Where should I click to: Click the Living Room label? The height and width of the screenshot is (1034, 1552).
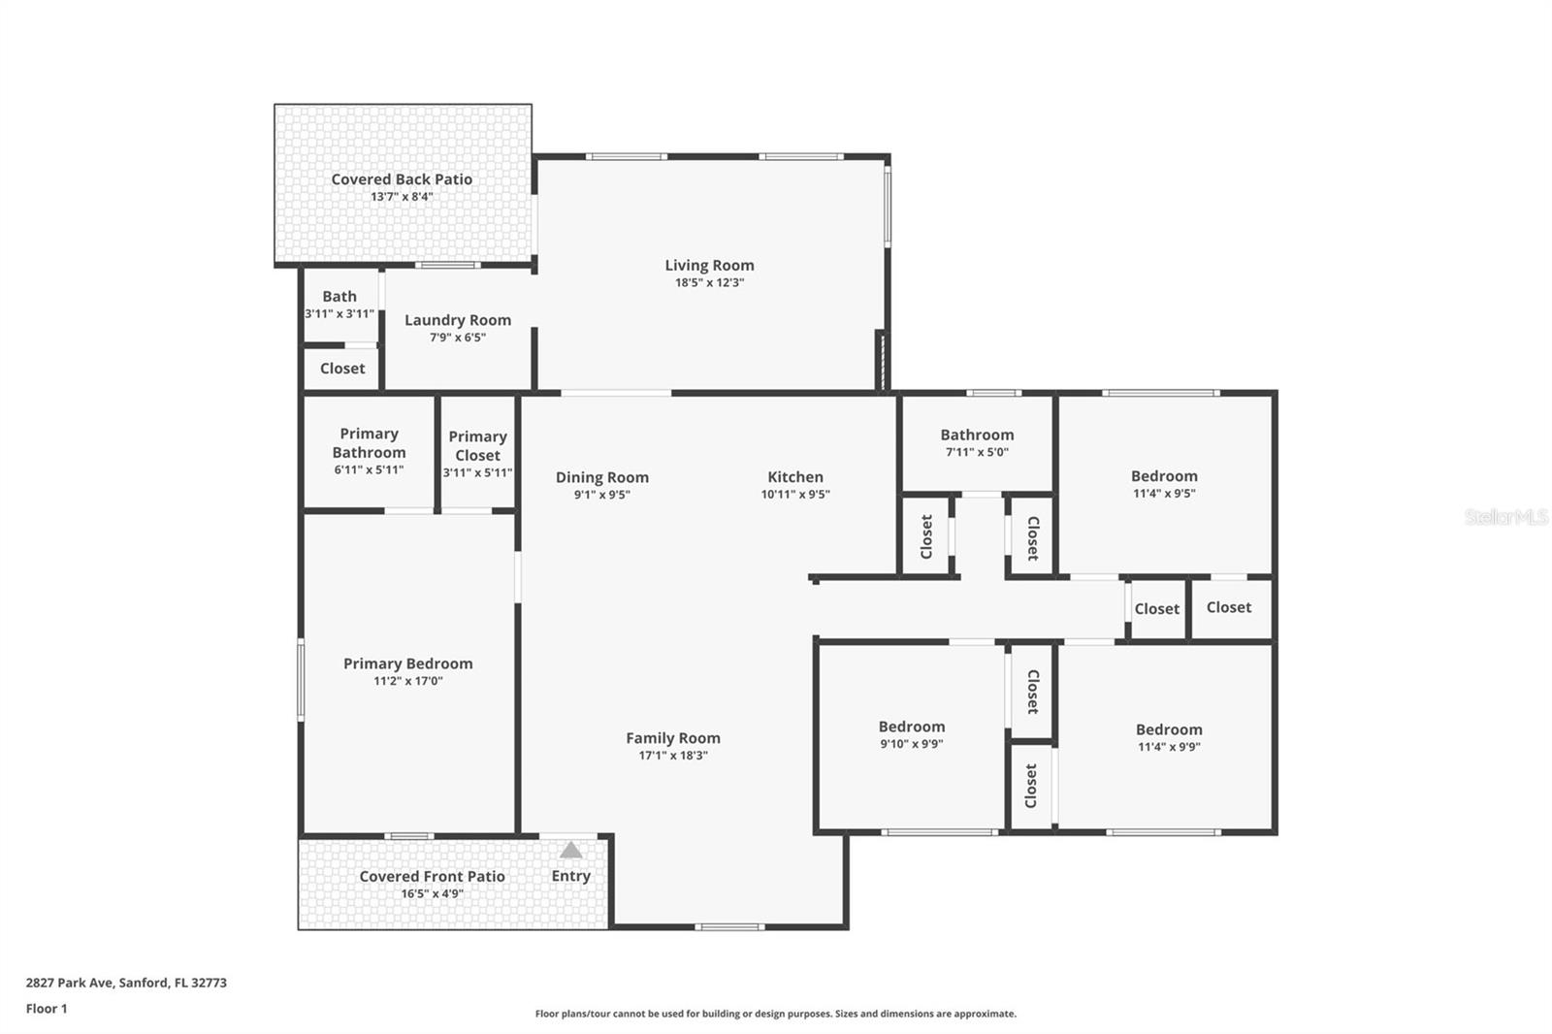coord(709,265)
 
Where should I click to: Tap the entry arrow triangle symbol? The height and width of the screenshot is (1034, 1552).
coord(571,851)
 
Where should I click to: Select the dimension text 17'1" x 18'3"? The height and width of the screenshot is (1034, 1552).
coord(672,756)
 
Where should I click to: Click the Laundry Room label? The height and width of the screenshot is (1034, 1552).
coord(458,320)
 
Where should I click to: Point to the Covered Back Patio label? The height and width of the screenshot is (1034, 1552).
coord(402,179)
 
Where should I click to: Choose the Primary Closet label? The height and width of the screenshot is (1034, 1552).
coord(477,446)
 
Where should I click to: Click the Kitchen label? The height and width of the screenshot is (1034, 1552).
coord(795,477)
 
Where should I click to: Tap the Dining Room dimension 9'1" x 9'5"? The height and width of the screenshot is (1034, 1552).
coord(601,495)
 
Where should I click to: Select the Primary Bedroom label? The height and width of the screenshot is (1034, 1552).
coord(408,663)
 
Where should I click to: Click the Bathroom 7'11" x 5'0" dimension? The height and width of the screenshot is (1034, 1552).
coord(977,452)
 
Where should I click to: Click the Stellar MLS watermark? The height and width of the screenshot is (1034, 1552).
coord(1506,517)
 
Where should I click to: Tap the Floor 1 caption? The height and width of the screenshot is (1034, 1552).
coord(47,1009)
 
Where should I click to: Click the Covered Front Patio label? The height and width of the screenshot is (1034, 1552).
coord(432,876)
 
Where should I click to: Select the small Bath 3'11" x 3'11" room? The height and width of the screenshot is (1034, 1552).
coord(339,305)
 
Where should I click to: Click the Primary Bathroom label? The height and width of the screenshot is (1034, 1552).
coord(369,443)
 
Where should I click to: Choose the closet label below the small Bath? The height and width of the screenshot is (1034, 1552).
coord(342,369)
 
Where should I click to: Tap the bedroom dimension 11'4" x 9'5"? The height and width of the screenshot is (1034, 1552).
coord(1164,493)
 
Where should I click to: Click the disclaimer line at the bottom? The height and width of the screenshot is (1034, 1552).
coord(776,1014)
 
